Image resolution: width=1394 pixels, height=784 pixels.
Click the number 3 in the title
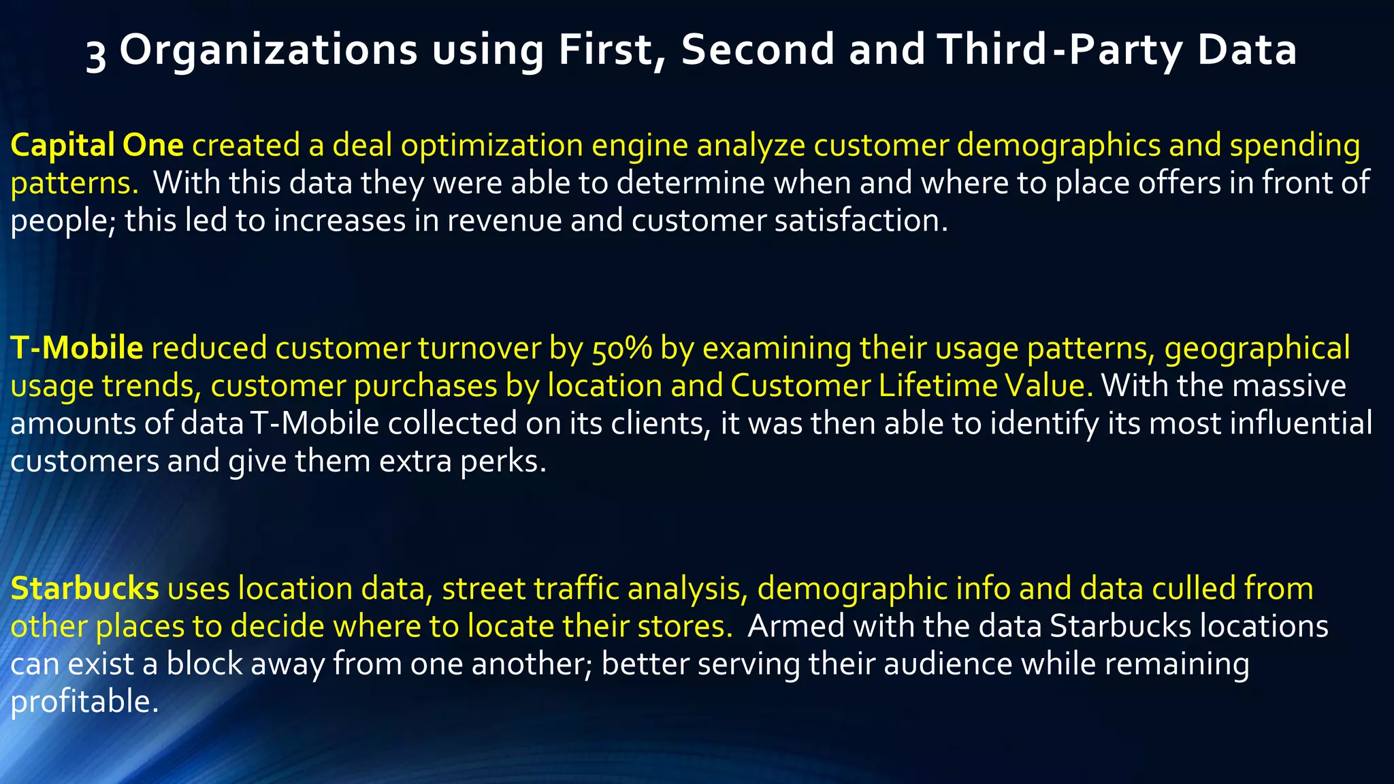tap(96, 53)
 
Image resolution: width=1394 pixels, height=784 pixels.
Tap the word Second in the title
tap(758, 50)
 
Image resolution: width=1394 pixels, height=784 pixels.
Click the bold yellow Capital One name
tap(97, 145)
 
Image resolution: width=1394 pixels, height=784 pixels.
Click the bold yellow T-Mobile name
tap(76, 348)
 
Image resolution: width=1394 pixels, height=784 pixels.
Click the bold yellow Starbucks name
tap(84, 589)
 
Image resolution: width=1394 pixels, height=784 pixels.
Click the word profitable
tap(84, 702)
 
